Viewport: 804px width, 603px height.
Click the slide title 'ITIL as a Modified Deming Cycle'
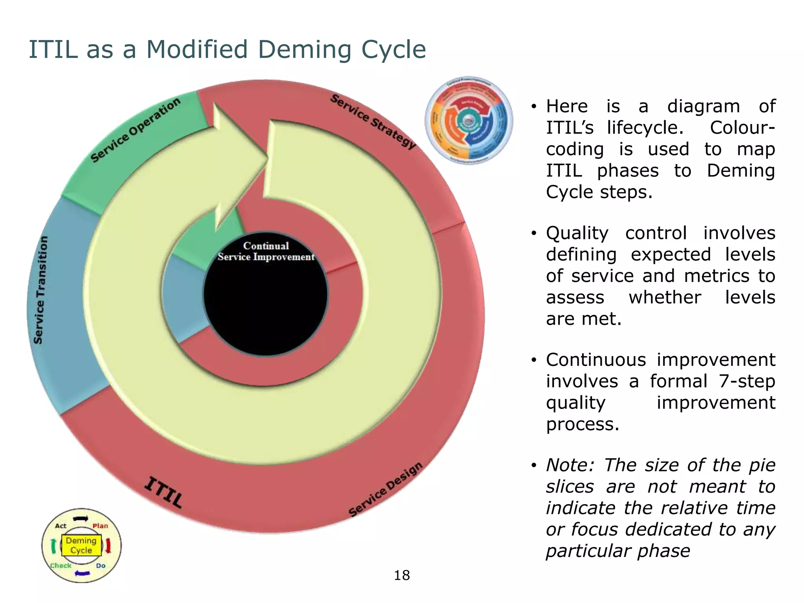tap(227, 50)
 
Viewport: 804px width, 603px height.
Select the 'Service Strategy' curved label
tap(373, 122)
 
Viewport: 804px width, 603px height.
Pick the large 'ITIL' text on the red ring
tap(163, 492)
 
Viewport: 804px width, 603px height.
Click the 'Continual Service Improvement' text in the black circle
tap(266, 251)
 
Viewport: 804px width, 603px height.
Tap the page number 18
tap(402, 576)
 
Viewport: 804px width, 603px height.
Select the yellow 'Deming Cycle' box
tap(81, 545)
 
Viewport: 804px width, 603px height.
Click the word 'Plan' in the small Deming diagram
tap(100, 526)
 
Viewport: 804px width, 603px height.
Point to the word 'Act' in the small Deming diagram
tap(61, 526)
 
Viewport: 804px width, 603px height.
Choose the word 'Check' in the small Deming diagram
tap(61, 566)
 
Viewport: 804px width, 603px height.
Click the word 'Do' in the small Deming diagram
tap(101, 566)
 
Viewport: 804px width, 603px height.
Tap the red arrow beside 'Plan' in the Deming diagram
tap(109, 546)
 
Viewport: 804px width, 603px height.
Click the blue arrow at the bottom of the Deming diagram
tap(82, 574)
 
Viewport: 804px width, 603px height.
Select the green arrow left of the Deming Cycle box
tap(54, 546)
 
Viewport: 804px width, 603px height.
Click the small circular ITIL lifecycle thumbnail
tap(469, 120)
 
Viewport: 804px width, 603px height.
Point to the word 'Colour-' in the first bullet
tap(742, 128)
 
